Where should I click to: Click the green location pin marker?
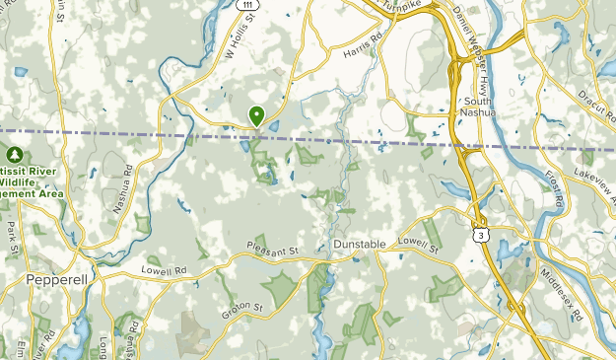(257, 116)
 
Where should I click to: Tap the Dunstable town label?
(359, 243)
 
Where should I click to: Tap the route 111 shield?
(252, 6)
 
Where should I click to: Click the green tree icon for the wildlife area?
(15, 155)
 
